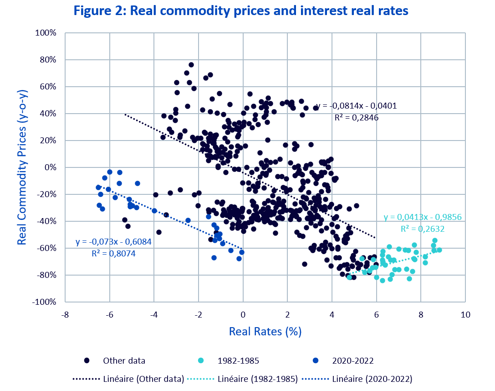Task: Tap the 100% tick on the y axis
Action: [46, 33]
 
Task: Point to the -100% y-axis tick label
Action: [45, 302]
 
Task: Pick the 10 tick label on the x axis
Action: [465, 315]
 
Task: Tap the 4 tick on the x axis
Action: [332, 315]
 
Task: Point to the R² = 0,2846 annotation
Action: [357, 118]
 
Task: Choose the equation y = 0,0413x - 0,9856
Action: [423, 217]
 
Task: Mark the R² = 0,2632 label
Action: [422, 229]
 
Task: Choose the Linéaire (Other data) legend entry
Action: [128, 379]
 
